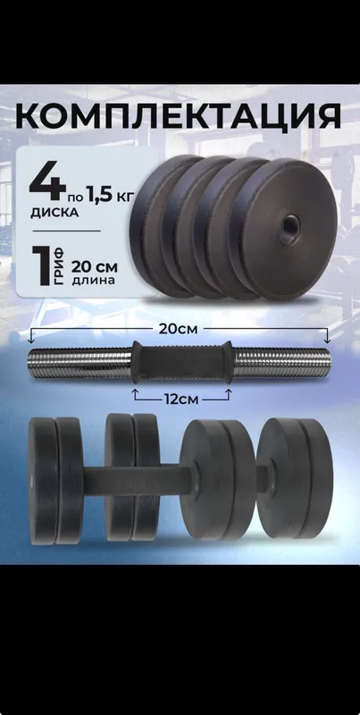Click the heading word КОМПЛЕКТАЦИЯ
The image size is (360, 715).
pos(178,116)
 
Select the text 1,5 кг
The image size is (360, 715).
pos(108,197)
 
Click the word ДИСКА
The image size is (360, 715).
pos(54,214)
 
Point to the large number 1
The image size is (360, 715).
pos(45,266)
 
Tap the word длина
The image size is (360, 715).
pos(94,280)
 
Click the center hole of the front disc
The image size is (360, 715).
pos(289,224)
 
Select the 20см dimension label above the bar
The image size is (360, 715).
pos(178,329)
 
